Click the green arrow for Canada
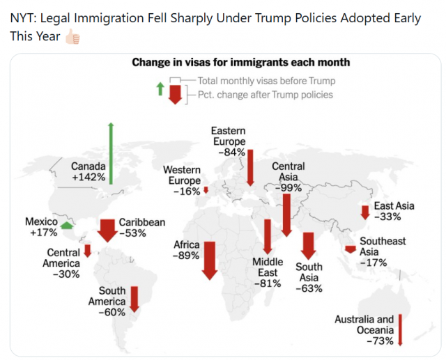tap(111, 153)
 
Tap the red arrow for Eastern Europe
tap(250, 168)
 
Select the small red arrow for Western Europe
tap(206, 190)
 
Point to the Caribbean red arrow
tap(107, 230)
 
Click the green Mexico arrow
tap(67, 226)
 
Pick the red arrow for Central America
tap(88, 251)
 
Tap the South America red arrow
tap(134, 299)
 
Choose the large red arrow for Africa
tap(210, 260)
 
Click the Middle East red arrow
tap(268, 237)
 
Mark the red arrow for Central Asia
tap(286, 215)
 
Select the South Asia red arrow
tap(309, 246)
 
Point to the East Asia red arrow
tap(365, 212)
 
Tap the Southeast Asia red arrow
tap(351, 249)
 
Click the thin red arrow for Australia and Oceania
tap(400, 330)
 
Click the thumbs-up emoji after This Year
tap(72, 37)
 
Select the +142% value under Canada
tap(89, 177)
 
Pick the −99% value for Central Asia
tap(289, 188)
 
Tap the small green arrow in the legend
tap(160, 88)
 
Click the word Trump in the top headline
tap(272, 18)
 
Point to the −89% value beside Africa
tap(186, 256)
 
